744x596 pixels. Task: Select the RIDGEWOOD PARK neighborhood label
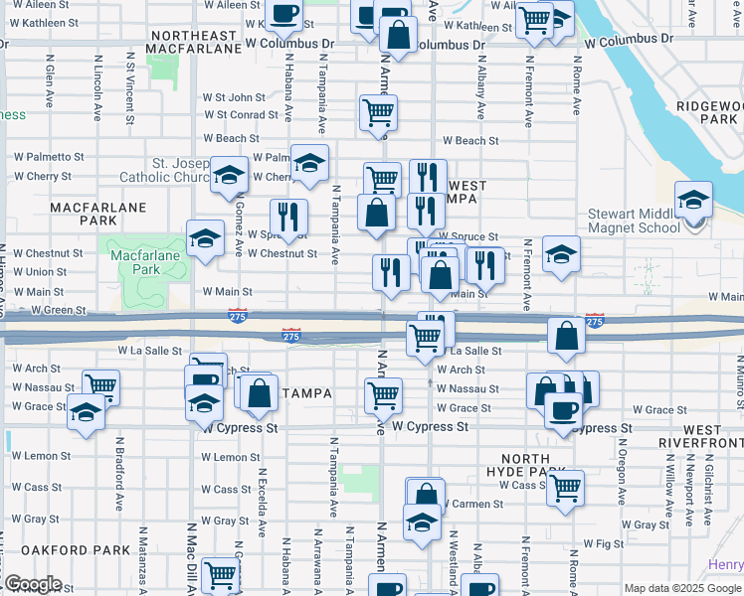click(x=705, y=111)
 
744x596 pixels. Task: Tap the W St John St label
click(x=234, y=98)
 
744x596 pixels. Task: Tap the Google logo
click(x=32, y=584)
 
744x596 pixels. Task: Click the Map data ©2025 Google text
click(x=682, y=588)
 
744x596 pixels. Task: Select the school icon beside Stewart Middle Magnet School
click(x=693, y=201)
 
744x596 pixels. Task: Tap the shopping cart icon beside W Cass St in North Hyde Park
click(x=565, y=487)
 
